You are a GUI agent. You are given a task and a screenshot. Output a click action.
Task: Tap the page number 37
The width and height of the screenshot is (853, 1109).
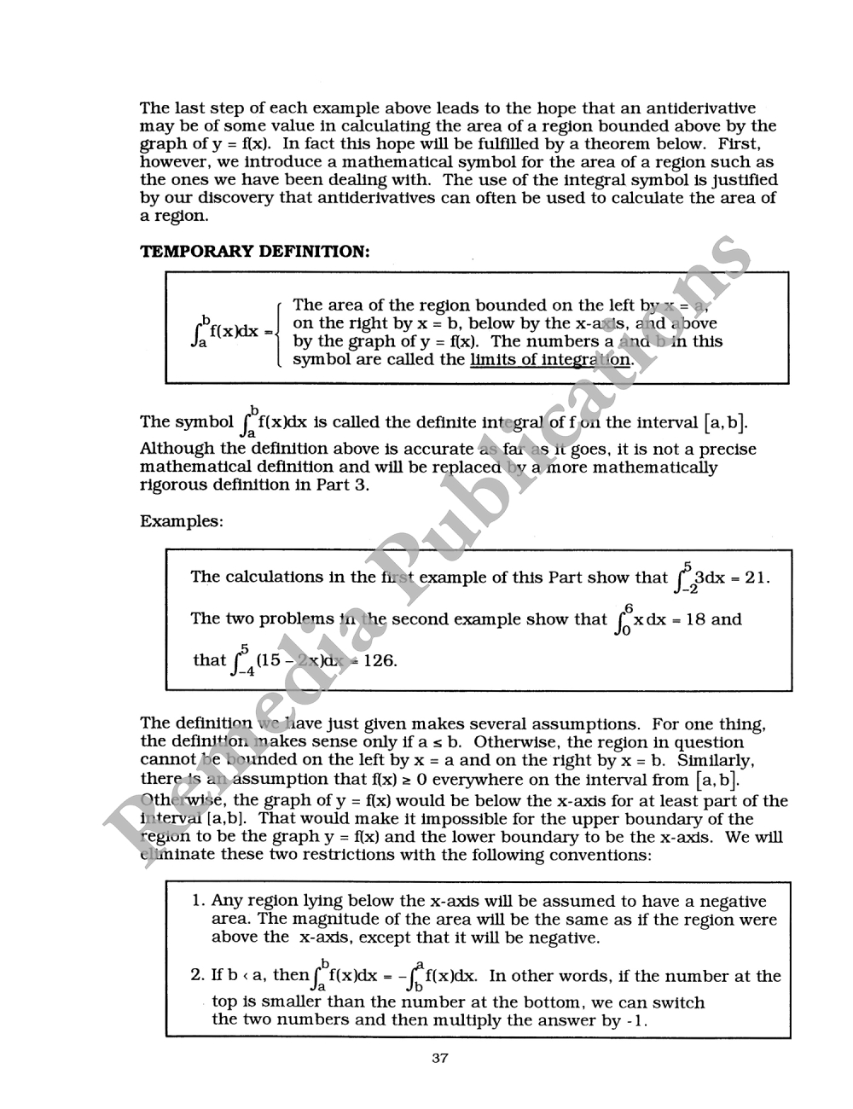[x=440, y=1059]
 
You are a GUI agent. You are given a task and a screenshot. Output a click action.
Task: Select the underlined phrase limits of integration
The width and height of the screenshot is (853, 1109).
[x=551, y=359]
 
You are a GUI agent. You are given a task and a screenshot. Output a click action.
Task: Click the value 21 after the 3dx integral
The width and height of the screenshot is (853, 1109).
[x=756, y=578]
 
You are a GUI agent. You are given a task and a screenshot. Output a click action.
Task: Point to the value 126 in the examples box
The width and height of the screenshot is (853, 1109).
[x=380, y=660]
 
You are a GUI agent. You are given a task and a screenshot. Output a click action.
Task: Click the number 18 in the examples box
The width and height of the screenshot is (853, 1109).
[x=695, y=619]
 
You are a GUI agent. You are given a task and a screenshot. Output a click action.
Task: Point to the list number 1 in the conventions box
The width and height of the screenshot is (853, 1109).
[x=197, y=901]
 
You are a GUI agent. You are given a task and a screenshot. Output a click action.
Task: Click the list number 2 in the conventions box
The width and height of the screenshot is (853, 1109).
[x=197, y=976]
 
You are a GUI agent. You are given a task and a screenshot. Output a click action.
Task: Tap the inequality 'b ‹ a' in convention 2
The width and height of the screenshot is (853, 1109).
[x=247, y=976]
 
